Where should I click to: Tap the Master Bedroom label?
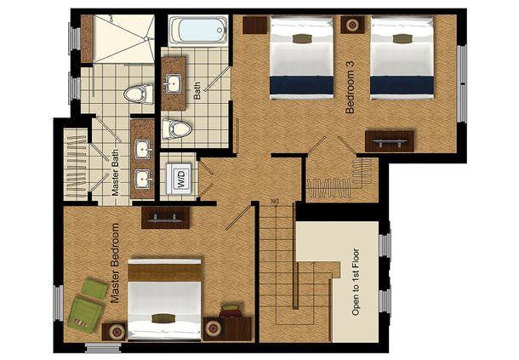[115, 264]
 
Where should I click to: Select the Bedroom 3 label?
[350, 87]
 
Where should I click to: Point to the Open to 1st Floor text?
[356, 282]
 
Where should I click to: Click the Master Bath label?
[115, 173]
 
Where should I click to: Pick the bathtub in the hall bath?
[198, 30]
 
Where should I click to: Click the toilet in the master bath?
[139, 94]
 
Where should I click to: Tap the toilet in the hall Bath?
[176, 129]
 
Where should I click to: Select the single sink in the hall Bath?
[173, 84]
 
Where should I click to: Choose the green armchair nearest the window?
[85, 312]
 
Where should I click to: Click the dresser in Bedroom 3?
[390, 140]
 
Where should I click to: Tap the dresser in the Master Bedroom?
[166, 218]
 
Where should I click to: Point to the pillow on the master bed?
[163, 318]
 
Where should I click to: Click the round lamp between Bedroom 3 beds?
[352, 25]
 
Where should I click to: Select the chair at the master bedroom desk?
[231, 311]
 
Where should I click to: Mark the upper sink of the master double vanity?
[144, 150]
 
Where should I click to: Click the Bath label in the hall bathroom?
[197, 91]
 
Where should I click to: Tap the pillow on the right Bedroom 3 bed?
[402, 39]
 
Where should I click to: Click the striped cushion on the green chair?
[81, 323]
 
